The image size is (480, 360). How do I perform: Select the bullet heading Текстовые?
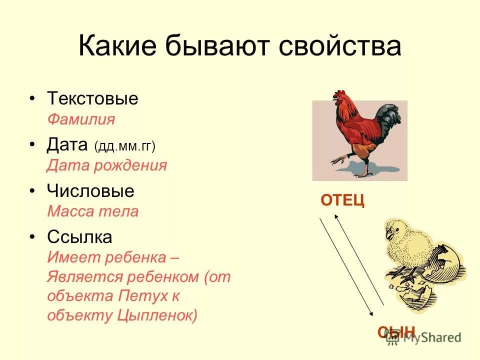[92, 98]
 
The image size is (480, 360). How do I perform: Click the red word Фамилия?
[81, 119]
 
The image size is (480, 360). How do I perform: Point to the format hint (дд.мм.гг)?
[124, 146]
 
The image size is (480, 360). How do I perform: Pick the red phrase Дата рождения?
[106, 165]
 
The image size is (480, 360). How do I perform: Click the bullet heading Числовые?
[90, 191]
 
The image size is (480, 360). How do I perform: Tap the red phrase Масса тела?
[92, 211]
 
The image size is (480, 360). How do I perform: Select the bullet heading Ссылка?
[79, 237]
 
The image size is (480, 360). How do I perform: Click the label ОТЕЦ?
[342, 200]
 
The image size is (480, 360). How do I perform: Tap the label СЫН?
[396, 331]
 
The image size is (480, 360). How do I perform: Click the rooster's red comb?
[340, 93]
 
